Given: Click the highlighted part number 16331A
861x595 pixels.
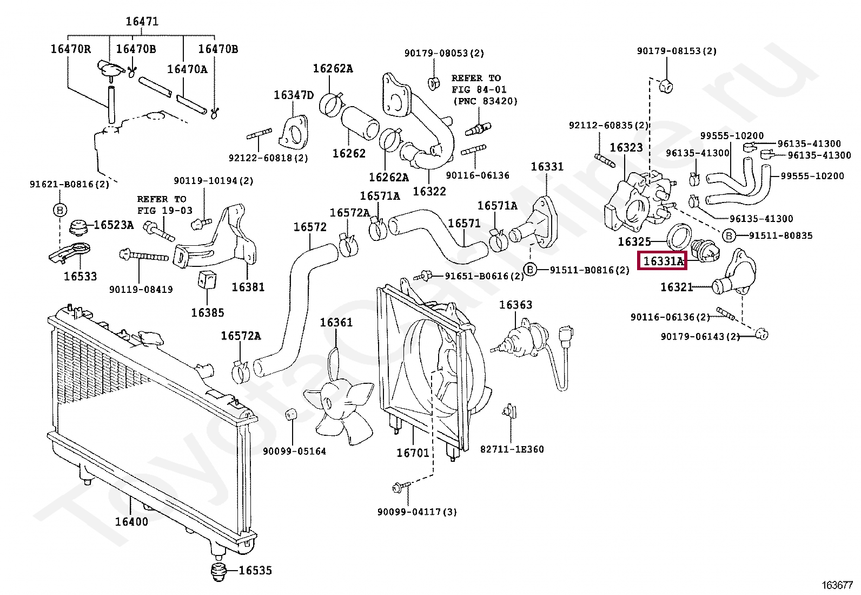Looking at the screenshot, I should (x=663, y=261).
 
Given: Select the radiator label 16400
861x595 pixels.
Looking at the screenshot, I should (x=131, y=521).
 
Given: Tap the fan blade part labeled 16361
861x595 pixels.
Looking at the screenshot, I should (x=336, y=323).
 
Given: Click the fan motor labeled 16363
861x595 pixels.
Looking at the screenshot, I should (x=515, y=305).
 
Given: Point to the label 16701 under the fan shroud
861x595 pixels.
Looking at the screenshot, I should (x=413, y=453).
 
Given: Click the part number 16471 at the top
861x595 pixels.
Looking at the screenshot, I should (x=142, y=22).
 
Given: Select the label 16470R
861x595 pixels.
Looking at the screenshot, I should (x=71, y=49).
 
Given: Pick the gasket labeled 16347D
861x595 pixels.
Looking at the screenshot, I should (x=293, y=95).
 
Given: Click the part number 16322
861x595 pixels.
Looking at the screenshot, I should (x=429, y=191).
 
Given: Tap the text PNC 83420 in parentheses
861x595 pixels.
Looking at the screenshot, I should (x=485, y=101).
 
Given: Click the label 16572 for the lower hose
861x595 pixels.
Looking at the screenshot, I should (x=310, y=227).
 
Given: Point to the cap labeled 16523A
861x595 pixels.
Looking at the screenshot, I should (x=113, y=225).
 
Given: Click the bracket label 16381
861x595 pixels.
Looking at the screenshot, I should (x=248, y=287).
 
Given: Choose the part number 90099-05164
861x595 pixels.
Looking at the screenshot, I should (x=294, y=451).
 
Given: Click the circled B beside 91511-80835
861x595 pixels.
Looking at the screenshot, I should (x=728, y=236).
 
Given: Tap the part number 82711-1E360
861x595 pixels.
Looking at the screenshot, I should (x=512, y=449).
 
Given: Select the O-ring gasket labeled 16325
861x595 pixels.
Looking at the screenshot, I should (x=634, y=241).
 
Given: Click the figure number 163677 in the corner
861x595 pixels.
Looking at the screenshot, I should (x=837, y=585).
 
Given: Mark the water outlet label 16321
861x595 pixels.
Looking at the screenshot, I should (x=677, y=287).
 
